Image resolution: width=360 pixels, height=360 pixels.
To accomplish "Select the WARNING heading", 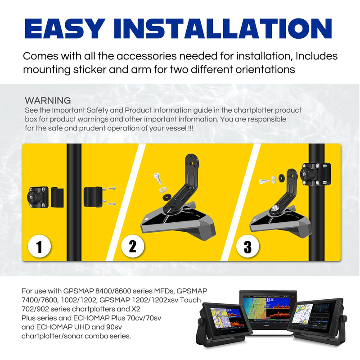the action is [48, 100].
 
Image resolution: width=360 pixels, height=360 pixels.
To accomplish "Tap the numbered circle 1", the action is [39, 246].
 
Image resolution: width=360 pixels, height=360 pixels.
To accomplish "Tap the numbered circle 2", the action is [133, 246].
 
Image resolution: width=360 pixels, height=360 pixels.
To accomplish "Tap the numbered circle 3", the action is [248, 247].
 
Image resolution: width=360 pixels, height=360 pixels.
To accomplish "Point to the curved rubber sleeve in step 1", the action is [57, 197].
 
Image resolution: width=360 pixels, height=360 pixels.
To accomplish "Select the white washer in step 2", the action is [163, 189].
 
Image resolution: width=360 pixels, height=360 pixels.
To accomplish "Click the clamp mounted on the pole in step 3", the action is [316, 174].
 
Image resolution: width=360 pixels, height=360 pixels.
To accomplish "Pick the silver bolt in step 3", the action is [264, 181].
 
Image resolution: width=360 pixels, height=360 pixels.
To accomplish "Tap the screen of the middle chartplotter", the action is [267, 308].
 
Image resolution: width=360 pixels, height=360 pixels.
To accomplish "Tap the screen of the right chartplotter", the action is [316, 316].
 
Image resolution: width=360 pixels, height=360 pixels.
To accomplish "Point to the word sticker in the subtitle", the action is [90, 69].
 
